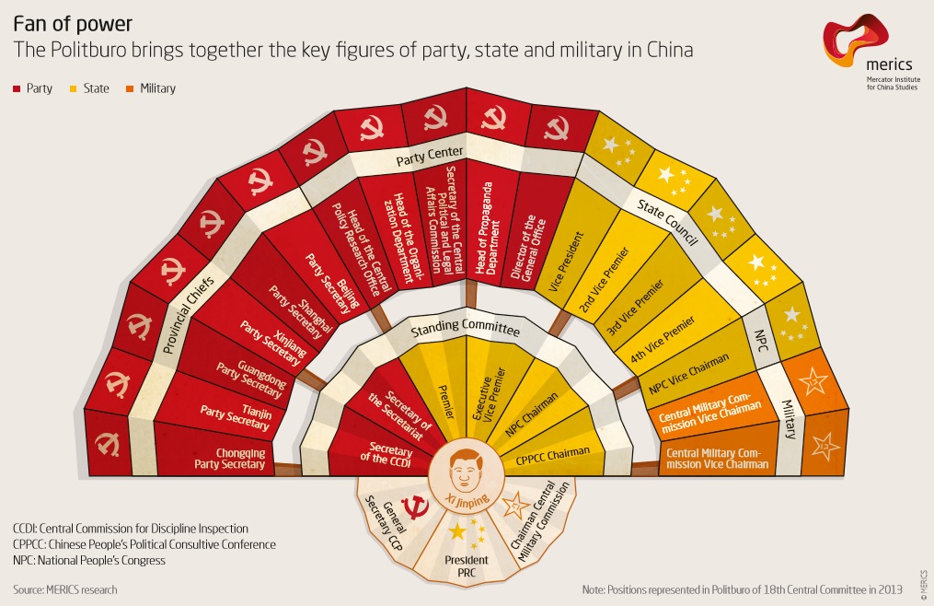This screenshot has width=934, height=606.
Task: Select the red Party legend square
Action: [17, 89]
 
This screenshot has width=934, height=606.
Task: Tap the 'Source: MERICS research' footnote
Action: [65, 589]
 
